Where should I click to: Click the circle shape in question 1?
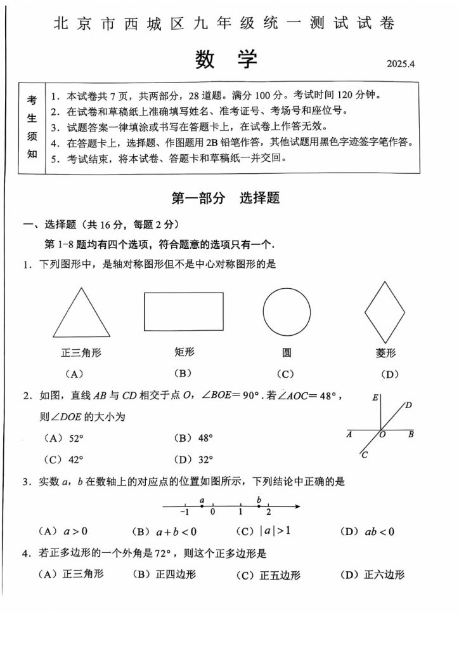click(x=287, y=312)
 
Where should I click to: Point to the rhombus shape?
click(x=385, y=311)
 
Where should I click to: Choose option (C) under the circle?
click(x=285, y=374)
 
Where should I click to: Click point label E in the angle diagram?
click(x=375, y=398)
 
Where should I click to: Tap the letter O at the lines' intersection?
click(x=383, y=435)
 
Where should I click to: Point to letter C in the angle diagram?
click(x=364, y=454)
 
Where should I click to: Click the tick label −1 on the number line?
click(x=184, y=512)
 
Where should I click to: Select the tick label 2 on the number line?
click(x=268, y=512)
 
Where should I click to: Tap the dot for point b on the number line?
click(x=259, y=506)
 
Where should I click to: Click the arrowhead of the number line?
click(x=297, y=506)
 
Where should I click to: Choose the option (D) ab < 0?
click(x=367, y=531)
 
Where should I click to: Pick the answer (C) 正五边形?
click(x=268, y=575)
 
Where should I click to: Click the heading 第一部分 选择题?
click(x=225, y=198)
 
